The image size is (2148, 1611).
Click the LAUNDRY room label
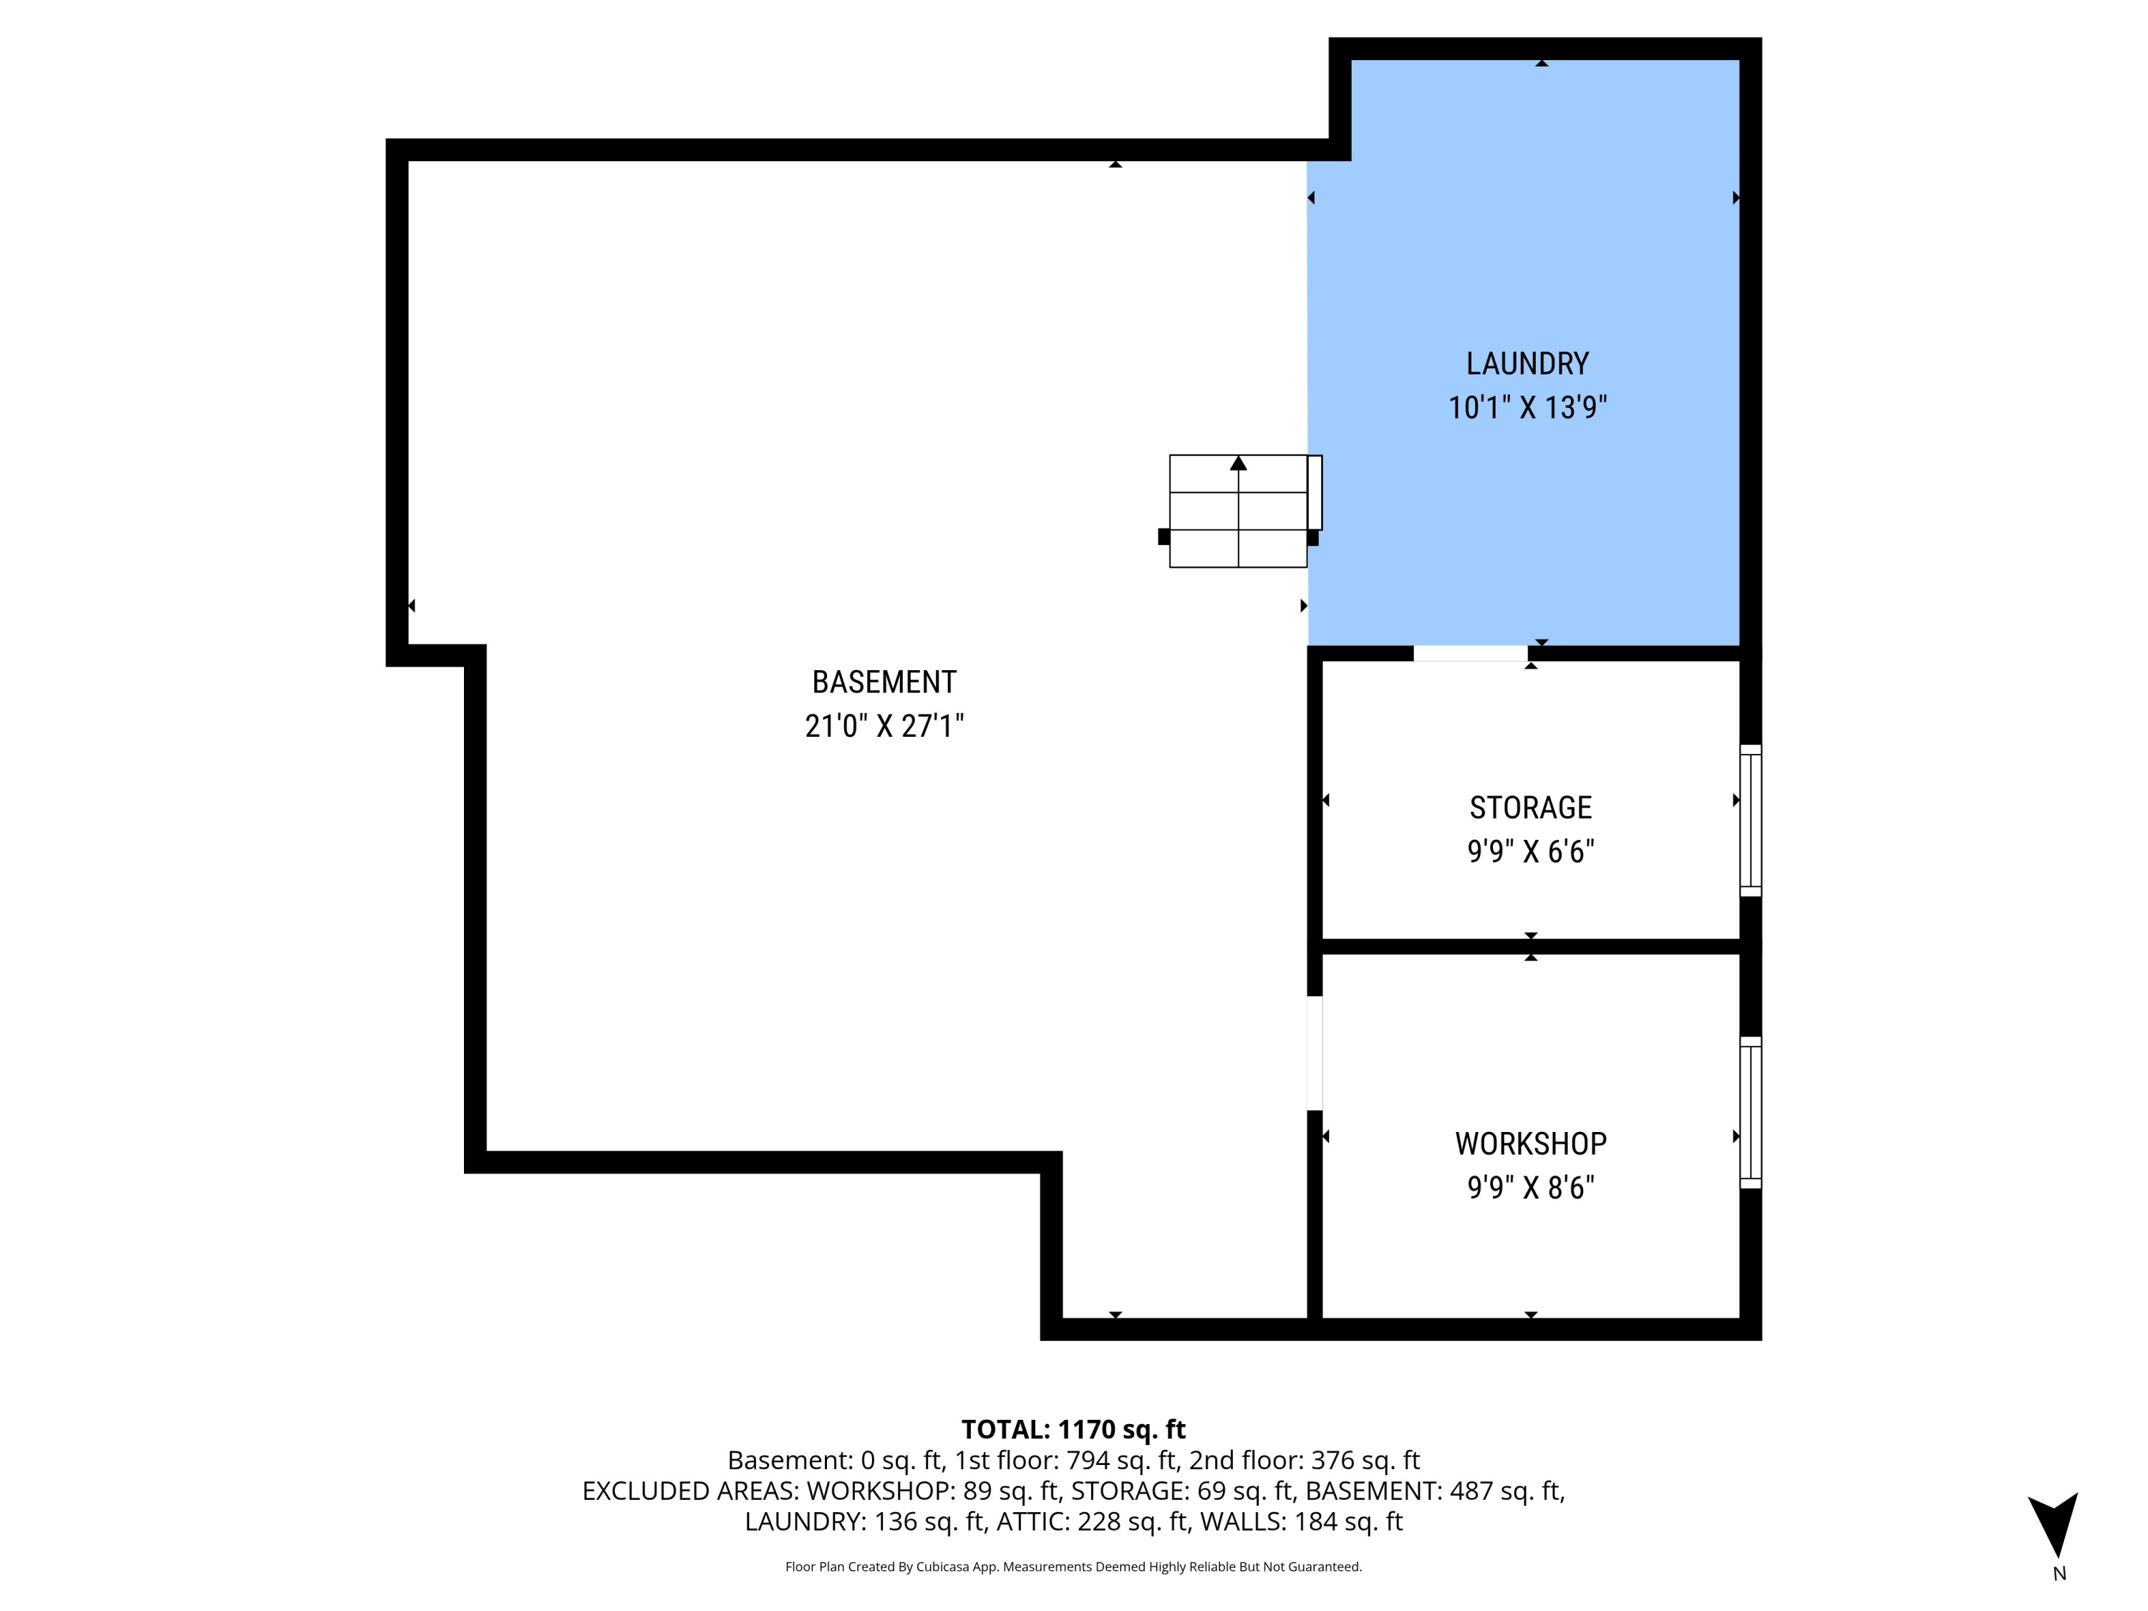1527,364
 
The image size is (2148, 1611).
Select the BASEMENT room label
884,682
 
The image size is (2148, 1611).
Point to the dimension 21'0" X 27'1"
884,725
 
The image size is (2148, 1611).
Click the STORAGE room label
1530,808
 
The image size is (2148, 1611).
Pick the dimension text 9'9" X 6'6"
1530,851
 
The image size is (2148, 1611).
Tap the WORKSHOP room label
1530,1144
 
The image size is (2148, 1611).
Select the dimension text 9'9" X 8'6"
1530,1188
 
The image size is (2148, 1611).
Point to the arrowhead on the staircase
1238,463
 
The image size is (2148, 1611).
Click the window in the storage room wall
1750,821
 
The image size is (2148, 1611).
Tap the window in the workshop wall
1750,1113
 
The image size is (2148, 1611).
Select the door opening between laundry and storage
1470,654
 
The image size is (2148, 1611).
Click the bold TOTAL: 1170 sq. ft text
1073,1429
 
